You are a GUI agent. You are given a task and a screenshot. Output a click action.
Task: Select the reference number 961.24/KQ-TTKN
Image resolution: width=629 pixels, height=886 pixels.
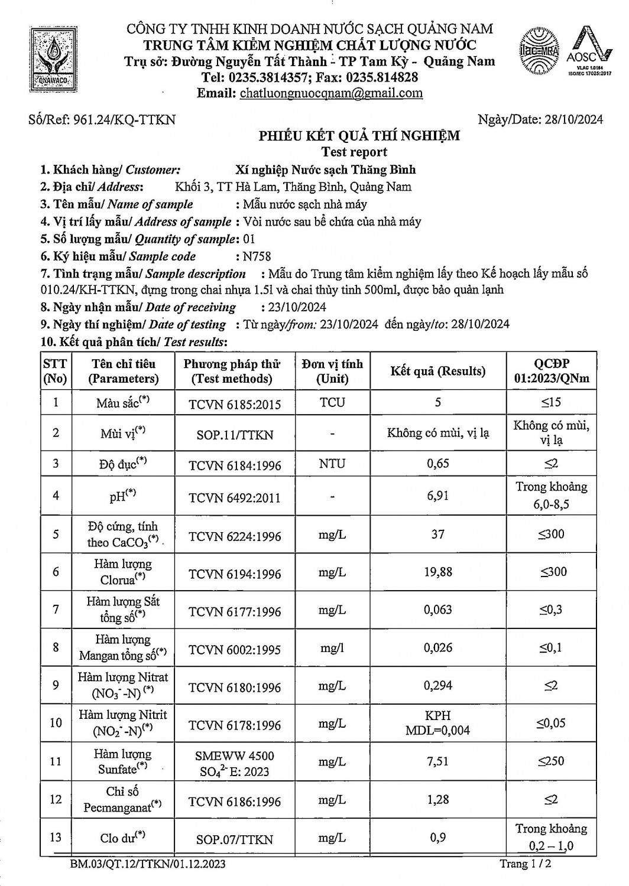[102, 120]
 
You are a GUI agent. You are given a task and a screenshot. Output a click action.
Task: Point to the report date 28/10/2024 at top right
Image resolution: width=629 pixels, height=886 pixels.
[540, 120]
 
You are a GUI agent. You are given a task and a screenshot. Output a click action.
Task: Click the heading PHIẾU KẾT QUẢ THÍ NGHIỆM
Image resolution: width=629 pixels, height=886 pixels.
[359, 136]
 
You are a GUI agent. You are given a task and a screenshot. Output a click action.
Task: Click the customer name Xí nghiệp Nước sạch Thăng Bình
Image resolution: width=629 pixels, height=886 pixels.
[325, 170]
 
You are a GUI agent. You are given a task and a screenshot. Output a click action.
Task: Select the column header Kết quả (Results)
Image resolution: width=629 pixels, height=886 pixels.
[437, 371]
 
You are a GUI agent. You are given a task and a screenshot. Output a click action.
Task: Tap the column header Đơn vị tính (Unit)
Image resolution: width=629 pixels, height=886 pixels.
[332, 371]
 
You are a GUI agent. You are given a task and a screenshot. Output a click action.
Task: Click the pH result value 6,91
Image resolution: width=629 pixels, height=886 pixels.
[437, 496]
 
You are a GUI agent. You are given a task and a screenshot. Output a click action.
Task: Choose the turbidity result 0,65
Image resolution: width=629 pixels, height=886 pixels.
[437, 464]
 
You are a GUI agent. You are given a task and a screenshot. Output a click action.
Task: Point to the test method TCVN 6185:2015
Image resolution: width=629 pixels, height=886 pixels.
[235, 404]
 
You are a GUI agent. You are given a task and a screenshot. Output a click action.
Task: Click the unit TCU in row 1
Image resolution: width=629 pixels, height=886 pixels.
[332, 403]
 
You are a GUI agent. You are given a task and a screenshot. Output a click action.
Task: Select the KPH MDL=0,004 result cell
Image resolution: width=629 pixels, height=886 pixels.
[437, 723]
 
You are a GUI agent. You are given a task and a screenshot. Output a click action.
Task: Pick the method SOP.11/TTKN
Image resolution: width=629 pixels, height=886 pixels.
[235, 435]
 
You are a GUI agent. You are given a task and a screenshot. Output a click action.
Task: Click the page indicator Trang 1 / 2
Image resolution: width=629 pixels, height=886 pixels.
[526, 864]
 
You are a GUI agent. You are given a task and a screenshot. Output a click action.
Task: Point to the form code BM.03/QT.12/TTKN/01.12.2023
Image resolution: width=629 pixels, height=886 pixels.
[148, 865]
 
